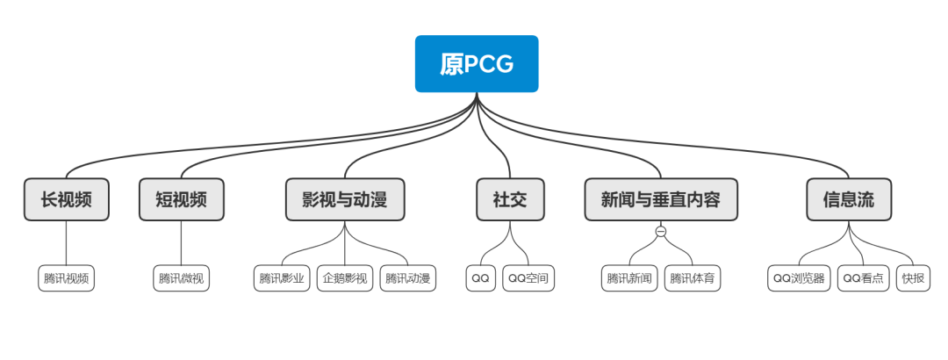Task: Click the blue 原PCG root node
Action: tap(477, 63)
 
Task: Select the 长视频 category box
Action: tap(67, 199)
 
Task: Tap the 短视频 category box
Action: tap(182, 199)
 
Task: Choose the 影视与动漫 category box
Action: tap(345, 199)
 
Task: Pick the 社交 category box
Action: tap(510, 199)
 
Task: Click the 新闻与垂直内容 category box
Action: tap(661, 199)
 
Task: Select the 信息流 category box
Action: tap(849, 199)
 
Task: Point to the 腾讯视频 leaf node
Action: tap(67, 278)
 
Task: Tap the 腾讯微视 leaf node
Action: tap(182, 278)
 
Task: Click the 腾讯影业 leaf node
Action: tap(282, 278)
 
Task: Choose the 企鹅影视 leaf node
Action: tap(345, 278)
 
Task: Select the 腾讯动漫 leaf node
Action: tap(408, 278)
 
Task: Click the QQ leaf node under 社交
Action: tap(480, 278)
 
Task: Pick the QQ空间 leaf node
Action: tap(529, 278)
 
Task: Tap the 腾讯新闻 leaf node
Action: tap(629, 278)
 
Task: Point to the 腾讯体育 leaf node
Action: tap(693, 278)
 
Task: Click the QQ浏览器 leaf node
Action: tap(799, 278)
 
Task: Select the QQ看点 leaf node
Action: tap(864, 278)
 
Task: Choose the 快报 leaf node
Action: tap(913, 278)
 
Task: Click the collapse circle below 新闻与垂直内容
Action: tap(661, 232)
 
